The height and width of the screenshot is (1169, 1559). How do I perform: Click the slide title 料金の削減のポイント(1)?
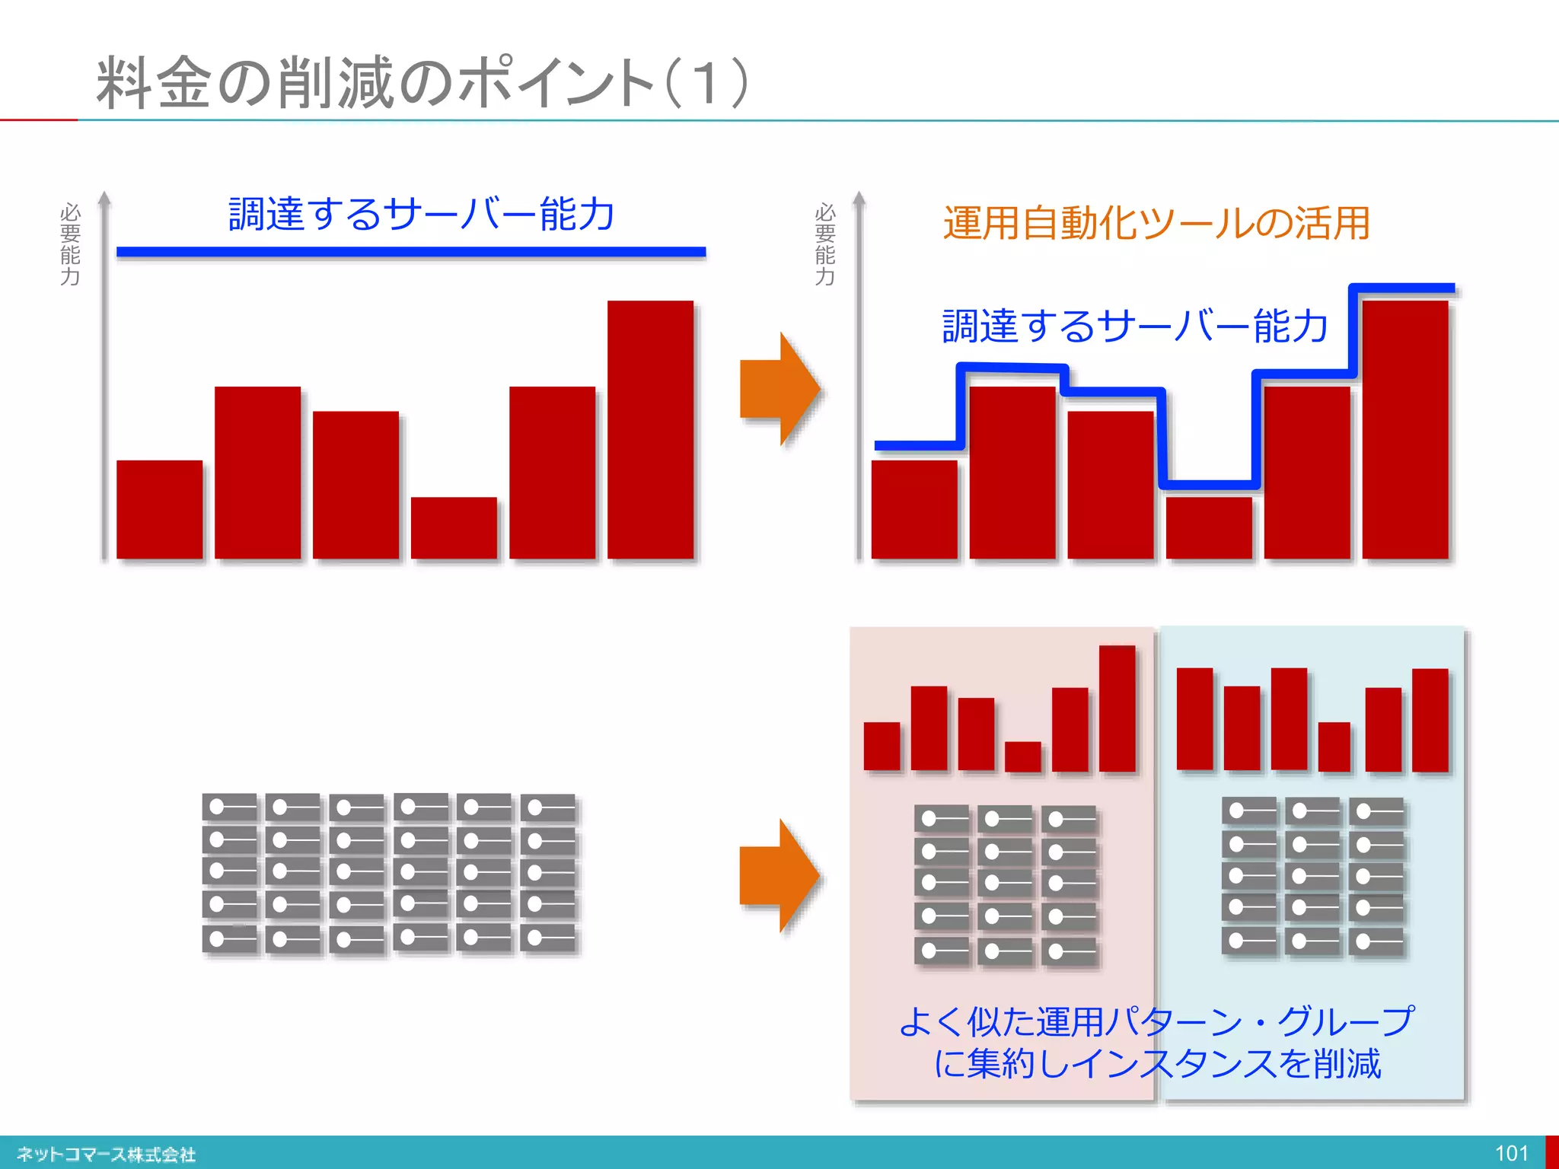coord(422,82)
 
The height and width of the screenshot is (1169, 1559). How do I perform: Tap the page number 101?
coord(1511,1153)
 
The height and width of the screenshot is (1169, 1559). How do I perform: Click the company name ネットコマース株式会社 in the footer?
coord(107,1155)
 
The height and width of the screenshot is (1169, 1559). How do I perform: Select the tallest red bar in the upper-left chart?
coord(650,430)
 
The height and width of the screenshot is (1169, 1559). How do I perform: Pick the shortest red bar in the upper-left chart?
coord(454,528)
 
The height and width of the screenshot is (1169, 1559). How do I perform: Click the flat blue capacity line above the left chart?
coord(411,252)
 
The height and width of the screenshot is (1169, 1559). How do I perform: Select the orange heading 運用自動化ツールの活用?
coord(1156,223)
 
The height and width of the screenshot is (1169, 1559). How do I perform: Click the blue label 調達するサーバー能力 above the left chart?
coord(421,214)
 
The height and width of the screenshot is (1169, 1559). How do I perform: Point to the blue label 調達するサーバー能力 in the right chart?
coord(1135,326)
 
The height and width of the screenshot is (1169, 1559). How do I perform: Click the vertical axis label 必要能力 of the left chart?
coord(70,244)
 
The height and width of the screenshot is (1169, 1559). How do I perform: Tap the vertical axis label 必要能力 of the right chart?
coord(824,244)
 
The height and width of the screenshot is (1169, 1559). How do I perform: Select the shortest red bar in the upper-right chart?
coord(1209,528)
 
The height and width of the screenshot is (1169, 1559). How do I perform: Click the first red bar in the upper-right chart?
coord(914,509)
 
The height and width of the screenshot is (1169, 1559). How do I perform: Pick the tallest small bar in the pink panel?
coord(1117,709)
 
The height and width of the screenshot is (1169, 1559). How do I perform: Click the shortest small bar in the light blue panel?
coord(1334,747)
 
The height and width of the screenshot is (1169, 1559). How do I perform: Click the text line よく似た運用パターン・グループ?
coord(1156,1021)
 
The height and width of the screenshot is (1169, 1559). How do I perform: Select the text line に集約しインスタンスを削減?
coord(1156,1063)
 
